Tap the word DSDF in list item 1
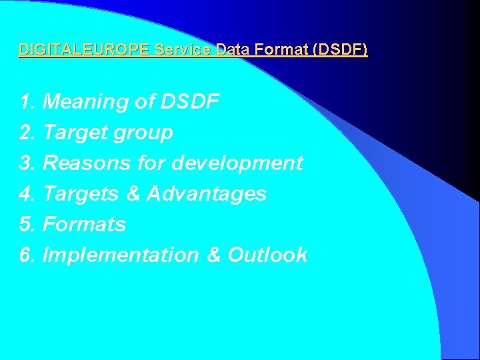190,102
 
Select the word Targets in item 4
81,194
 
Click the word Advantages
206,194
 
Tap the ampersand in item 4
133,194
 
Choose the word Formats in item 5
84,225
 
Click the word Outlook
267,255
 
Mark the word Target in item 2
74,133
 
